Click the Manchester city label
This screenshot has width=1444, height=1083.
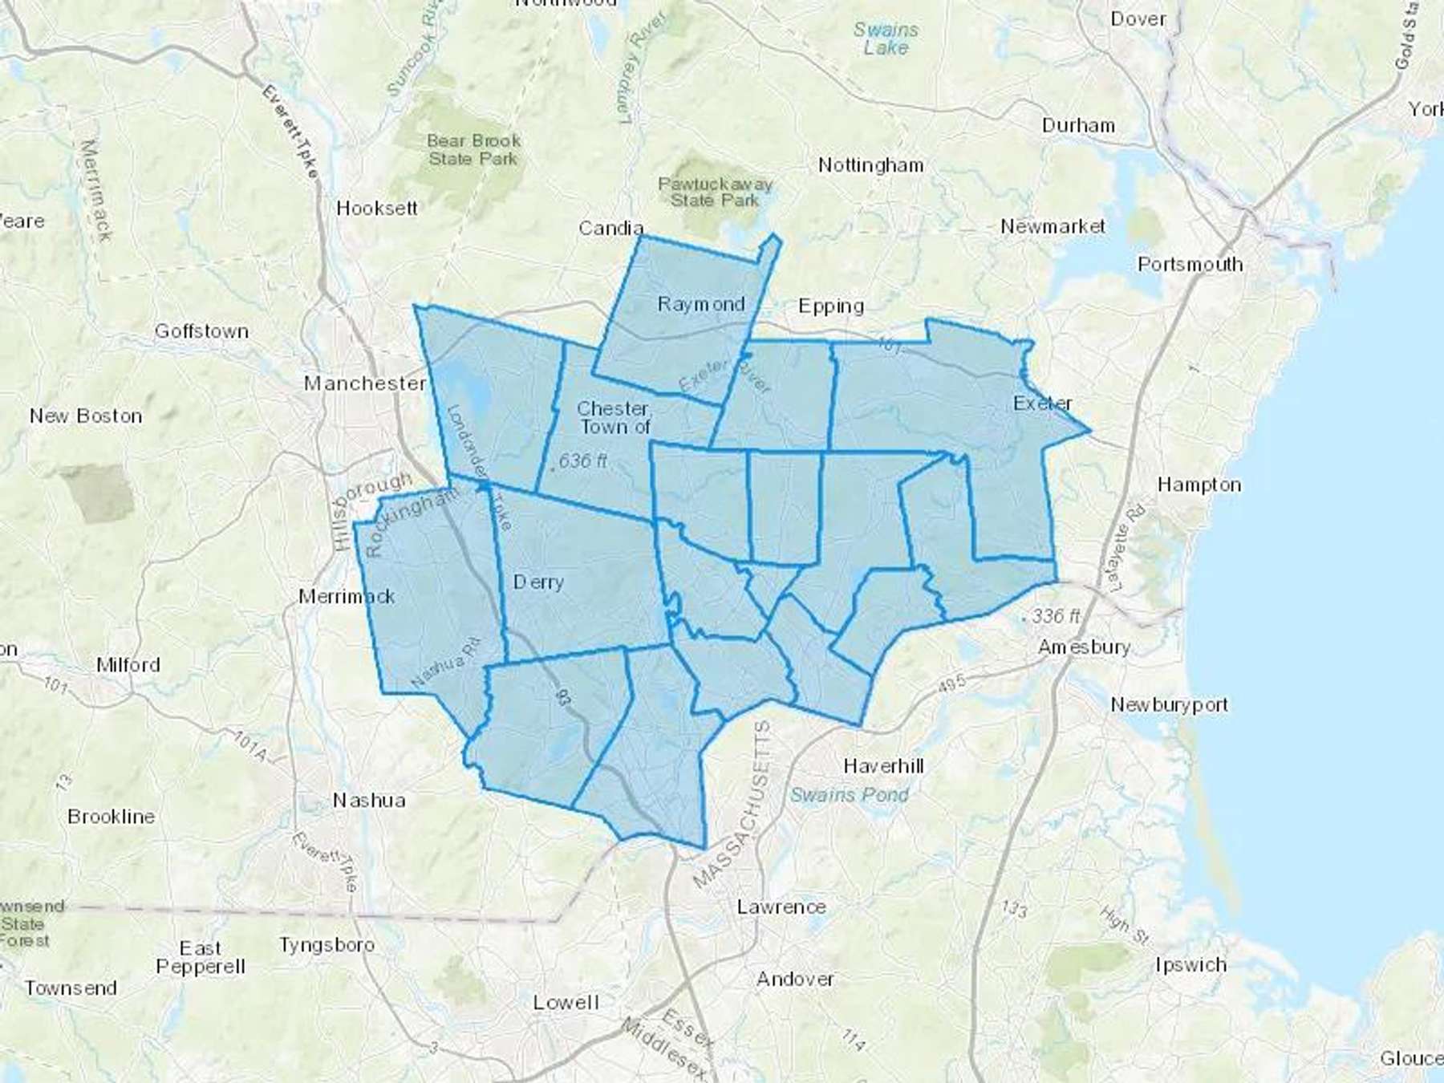click(364, 383)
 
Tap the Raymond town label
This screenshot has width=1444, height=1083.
click(701, 304)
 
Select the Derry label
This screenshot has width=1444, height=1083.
click(538, 582)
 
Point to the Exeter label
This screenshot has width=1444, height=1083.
click(1042, 403)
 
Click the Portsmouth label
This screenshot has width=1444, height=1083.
click(1190, 264)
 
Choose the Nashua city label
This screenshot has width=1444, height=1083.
click(369, 800)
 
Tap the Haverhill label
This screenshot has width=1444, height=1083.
click(883, 766)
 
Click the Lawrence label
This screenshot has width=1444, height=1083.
click(781, 907)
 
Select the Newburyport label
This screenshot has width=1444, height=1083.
click(1169, 704)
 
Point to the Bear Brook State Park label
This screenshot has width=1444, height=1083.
click(473, 150)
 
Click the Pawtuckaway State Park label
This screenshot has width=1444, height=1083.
click(715, 193)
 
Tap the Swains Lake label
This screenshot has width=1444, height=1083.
click(886, 39)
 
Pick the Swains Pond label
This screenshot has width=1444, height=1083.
click(850, 794)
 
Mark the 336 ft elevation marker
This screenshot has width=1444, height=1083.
click(1054, 616)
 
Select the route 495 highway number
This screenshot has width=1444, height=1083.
click(951, 684)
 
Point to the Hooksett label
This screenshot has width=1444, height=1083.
click(377, 209)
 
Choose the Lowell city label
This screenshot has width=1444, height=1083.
click(566, 1002)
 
